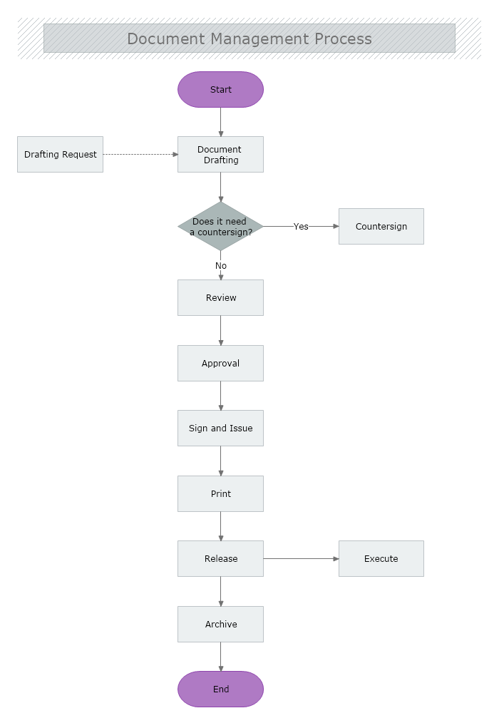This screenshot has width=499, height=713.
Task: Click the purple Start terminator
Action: coord(220,90)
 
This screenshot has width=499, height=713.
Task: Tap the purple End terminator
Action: coord(220,689)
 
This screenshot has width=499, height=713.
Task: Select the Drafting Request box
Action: coord(60,155)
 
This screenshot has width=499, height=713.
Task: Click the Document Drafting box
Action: coord(220,155)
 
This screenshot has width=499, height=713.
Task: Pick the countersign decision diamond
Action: coord(220,226)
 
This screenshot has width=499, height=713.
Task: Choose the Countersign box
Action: coord(381,227)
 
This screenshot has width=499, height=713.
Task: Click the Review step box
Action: coord(220,298)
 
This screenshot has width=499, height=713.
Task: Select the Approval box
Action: coord(220,364)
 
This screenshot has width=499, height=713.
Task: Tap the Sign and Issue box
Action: coord(220,429)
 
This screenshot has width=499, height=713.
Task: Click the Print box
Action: coord(220,494)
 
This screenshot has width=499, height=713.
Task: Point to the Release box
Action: coord(220,559)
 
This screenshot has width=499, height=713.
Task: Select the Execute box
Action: coord(381,559)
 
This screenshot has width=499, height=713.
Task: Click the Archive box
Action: coord(220,625)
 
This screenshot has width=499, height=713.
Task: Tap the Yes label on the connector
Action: coord(301,227)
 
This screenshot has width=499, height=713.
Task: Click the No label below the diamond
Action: coord(221,266)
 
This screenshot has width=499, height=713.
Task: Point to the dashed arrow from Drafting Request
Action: coord(140,154)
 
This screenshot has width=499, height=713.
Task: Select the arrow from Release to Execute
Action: coord(300,559)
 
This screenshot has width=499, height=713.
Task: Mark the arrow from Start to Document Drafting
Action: coord(221,122)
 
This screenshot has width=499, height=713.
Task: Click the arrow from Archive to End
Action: coord(221,657)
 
